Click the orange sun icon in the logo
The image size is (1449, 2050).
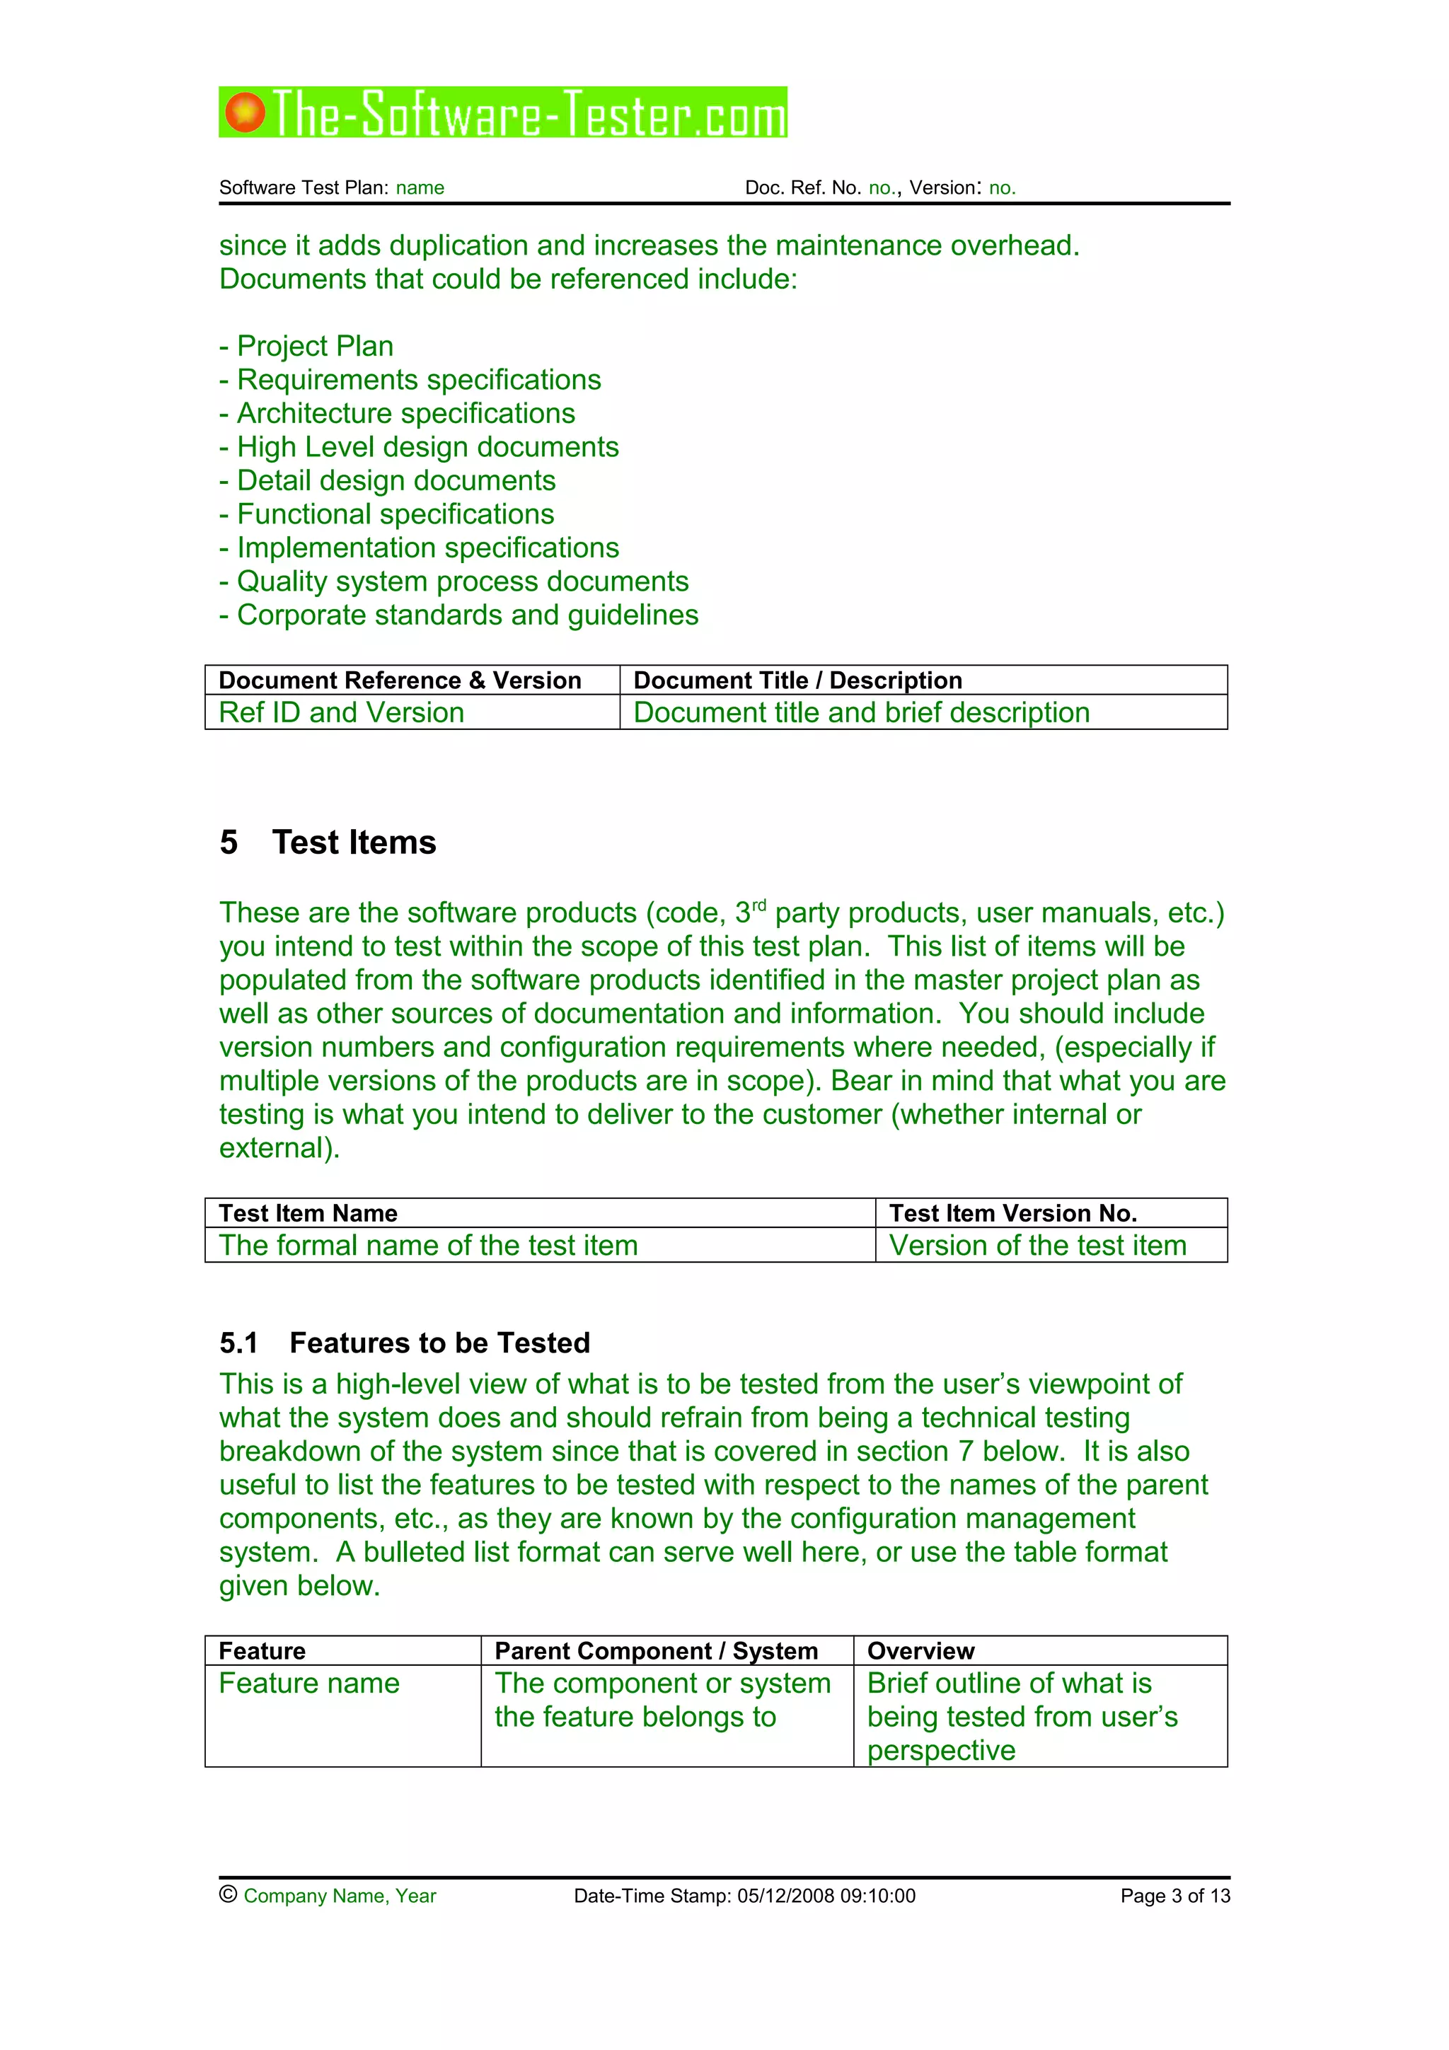pos(245,112)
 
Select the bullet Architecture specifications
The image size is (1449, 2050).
pos(398,413)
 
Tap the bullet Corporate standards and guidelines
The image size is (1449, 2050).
pos(460,615)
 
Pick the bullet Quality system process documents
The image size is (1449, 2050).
pos(454,581)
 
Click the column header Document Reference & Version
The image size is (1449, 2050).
pos(400,681)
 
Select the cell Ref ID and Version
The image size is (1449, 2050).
pos(342,712)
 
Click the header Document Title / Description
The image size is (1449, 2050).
pos(797,681)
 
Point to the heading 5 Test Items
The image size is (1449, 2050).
pos(328,842)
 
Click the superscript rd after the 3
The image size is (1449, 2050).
pos(759,905)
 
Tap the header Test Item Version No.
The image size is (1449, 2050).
pos(1012,1212)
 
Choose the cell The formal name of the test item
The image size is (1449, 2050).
pos(429,1246)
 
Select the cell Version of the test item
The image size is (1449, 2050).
pos(1037,1246)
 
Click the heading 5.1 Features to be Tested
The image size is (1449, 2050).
pos(405,1343)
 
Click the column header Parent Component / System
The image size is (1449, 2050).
pos(656,1651)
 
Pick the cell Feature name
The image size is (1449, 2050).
pos(310,1684)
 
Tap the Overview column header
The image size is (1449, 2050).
pos(920,1651)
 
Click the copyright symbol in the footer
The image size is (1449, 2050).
pos(228,1894)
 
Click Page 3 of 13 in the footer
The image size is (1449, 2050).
pos(1175,1896)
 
